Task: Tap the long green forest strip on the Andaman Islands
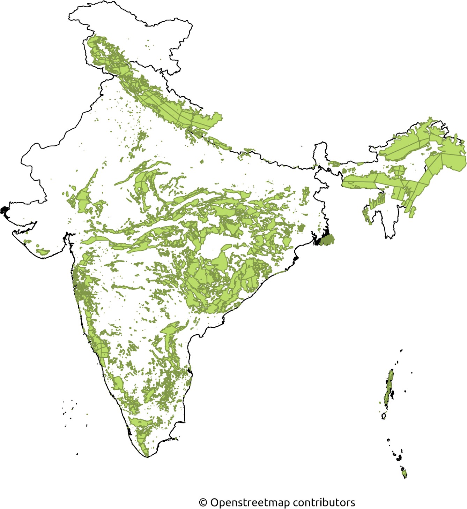point(389,387)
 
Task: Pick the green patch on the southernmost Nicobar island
point(405,473)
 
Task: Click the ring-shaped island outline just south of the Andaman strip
point(384,416)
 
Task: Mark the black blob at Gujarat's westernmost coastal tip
point(5,210)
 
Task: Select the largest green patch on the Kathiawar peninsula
point(43,251)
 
